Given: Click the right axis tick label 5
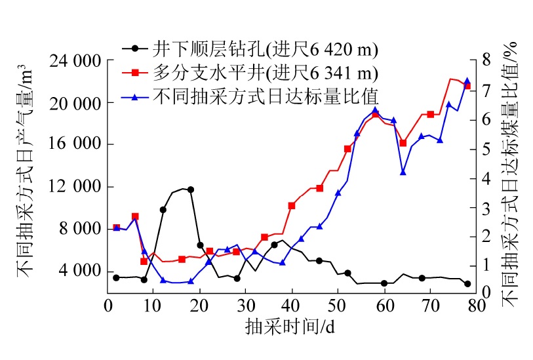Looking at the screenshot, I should click(485, 149).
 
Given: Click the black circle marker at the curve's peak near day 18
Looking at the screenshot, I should click(191, 190).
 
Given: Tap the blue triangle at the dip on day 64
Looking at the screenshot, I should click(403, 172).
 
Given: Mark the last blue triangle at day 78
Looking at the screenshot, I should click(467, 81).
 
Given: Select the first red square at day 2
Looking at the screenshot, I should click(116, 228).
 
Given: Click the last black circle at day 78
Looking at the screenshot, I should click(467, 284).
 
